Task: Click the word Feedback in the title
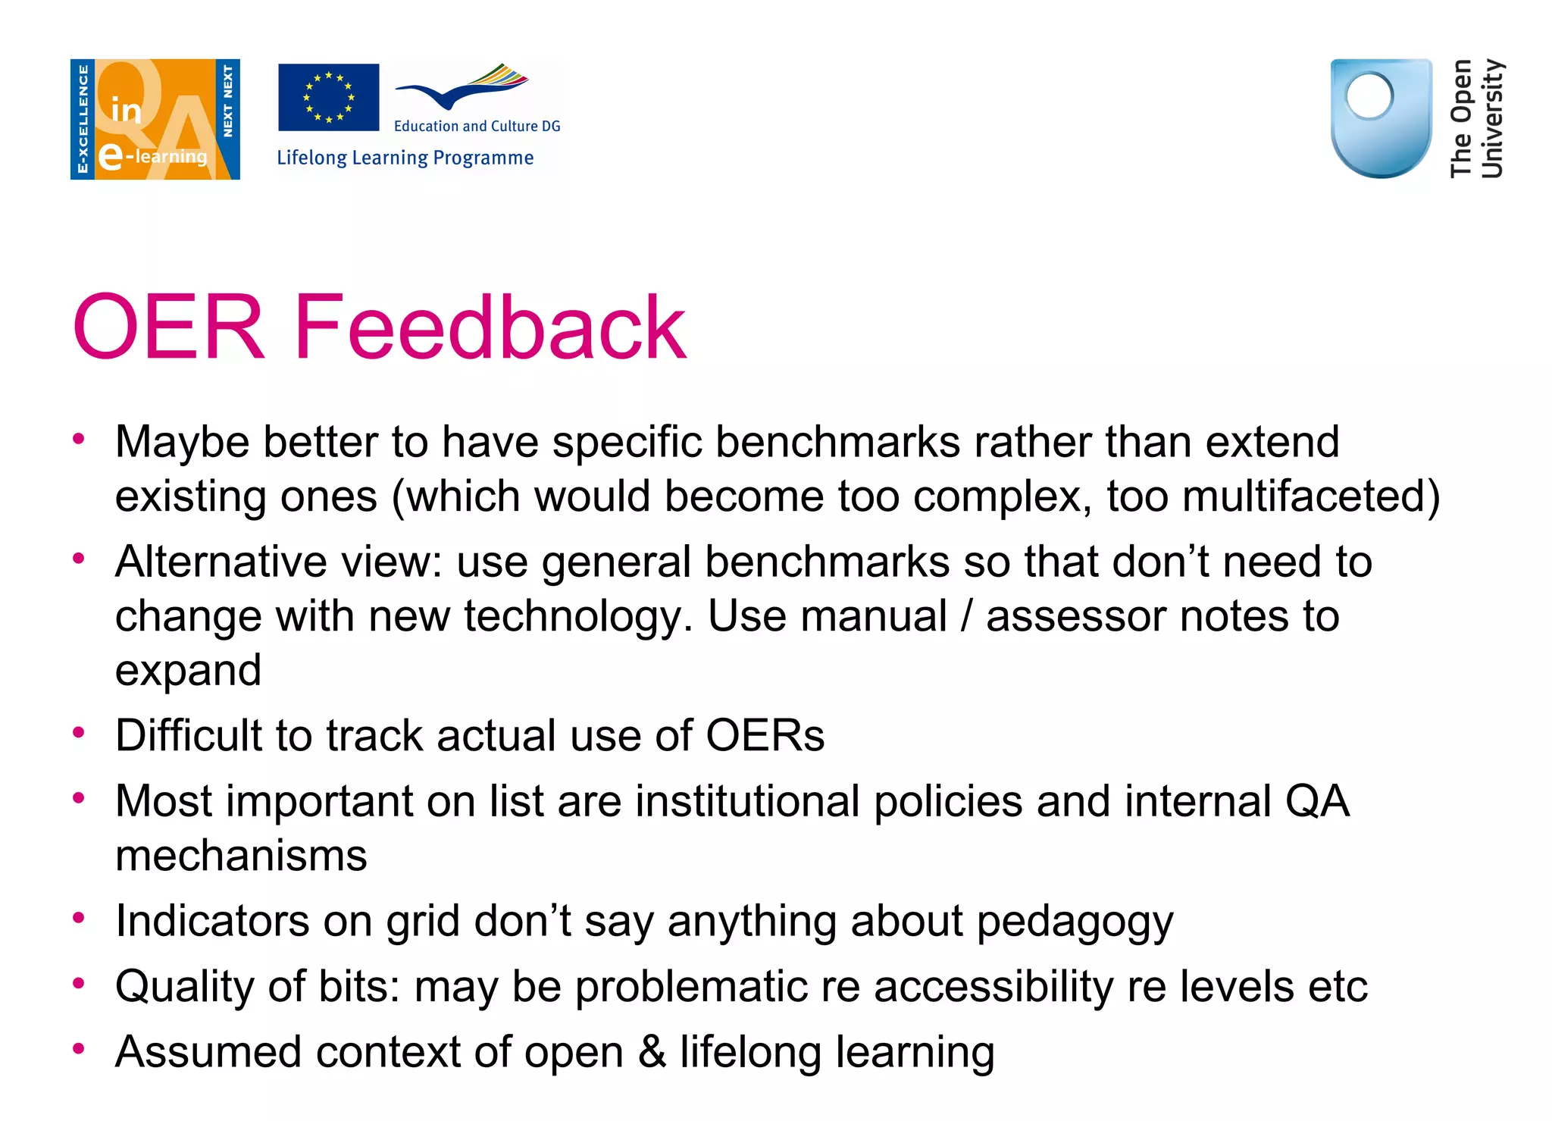click(490, 327)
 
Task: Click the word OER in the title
click(168, 327)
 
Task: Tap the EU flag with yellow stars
click(328, 97)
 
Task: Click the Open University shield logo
click(1381, 118)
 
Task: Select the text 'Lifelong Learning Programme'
click(405, 158)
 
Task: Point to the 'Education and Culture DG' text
click(477, 126)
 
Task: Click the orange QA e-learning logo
click(155, 119)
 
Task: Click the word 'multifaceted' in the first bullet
click(1310, 496)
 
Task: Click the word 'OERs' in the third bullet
click(765, 735)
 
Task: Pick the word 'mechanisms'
click(241, 856)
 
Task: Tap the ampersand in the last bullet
click(652, 1052)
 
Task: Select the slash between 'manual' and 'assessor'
click(966, 616)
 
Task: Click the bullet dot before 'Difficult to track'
click(78, 732)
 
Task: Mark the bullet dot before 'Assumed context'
click(78, 1049)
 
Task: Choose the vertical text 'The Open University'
click(1475, 118)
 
